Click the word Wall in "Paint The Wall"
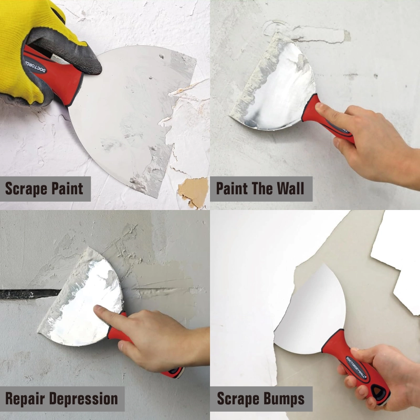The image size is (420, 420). click(x=288, y=188)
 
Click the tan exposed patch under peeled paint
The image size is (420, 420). click(x=193, y=192)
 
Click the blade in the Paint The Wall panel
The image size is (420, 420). click(x=278, y=89)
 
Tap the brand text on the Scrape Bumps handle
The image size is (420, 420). click(x=357, y=367)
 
